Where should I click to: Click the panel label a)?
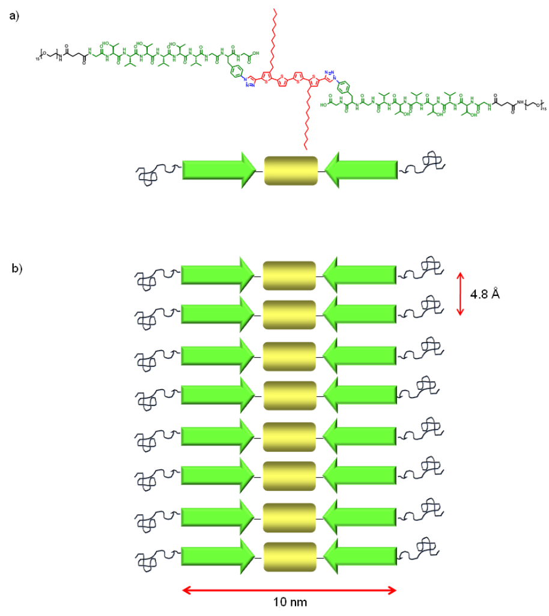(14, 17)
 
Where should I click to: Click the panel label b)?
(17, 268)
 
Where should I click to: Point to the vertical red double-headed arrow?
(460, 294)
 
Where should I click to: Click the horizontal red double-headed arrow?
(289, 590)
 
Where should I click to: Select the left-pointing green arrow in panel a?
(360, 171)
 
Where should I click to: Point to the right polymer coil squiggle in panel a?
(423, 164)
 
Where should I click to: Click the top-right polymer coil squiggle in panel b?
(423, 269)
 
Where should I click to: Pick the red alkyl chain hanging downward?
(305, 120)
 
